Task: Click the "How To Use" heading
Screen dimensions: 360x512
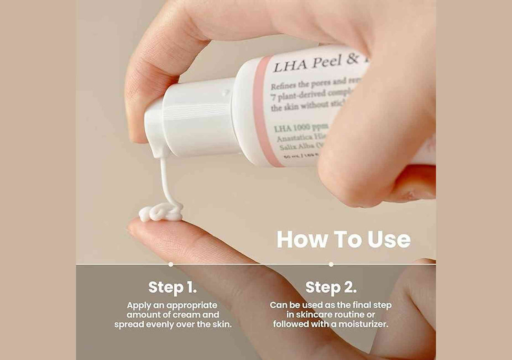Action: pos(343,240)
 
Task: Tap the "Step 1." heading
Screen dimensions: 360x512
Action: pos(172,287)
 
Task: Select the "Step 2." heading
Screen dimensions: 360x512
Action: pos(331,287)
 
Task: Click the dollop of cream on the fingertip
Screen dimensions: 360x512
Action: pos(160,213)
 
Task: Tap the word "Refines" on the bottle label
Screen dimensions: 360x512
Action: pos(286,86)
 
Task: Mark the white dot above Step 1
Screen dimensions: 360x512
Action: pos(170,264)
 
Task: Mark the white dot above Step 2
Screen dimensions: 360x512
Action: pos(331,264)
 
